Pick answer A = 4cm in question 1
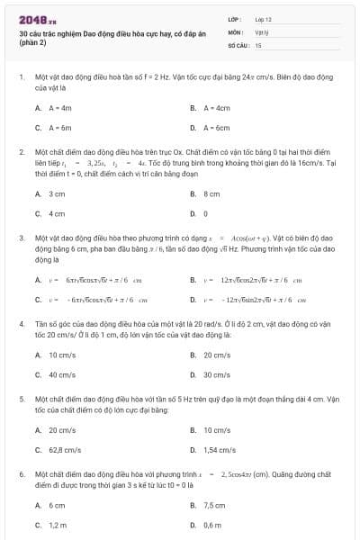click(211, 107)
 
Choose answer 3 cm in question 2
click(56, 193)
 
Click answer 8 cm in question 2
click(211, 193)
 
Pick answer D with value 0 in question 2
click(206, 214)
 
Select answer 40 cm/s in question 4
click(61, 374)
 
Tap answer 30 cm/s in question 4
click(216, 374)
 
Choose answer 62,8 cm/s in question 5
click(65, 449)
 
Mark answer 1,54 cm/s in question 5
click(219, 449)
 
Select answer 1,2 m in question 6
click(58, 525)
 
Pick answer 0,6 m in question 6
click(212, 525)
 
